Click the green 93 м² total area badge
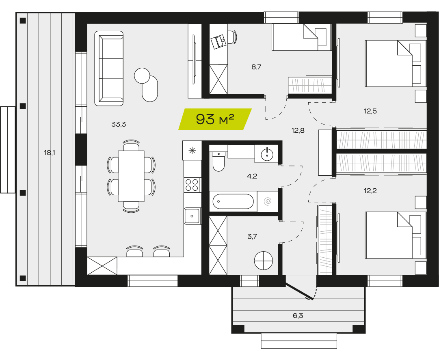pyautogui.click(x=215, y=119)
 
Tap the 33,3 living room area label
pyautogui.click(x=119, y=125)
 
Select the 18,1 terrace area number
pyautogui.click(x=50, y=153)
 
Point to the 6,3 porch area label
pyautogui.click(x=298, y=316)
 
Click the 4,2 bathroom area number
pyautogui.click(x=252, y=176)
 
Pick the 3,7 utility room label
pyautogui.click(x=252, y=237)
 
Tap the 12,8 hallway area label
pyautogui.click(x=298, y=130)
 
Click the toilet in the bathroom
pyautogui.click(x=218, y=161)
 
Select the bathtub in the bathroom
pyautogui.click(x=233, y=201)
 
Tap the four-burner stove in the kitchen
pyautogui.click(x=192, y=185)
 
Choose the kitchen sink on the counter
pyautogui.click(x=192, y=216)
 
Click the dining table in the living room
pyautogui.click(x=131, y=176)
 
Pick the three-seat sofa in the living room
pyautogui.click(x=109, y=69)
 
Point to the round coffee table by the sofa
pyautogui.click(x=142, y=75)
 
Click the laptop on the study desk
pyautogui.click(x=218, y=42)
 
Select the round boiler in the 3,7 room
pyautogui.click(x=264, y=261)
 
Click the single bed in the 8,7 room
pyautogui.click(x=301, y=37)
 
